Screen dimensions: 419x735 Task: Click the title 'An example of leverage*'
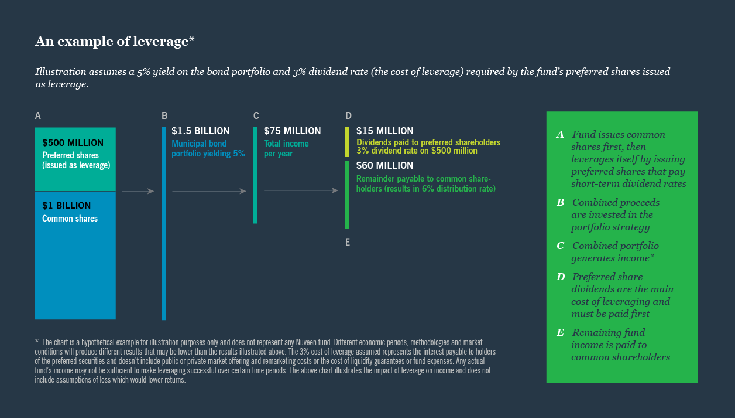coord(115,41)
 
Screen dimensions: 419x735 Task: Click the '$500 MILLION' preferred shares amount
coord(73,143)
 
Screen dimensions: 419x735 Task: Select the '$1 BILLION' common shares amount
coord(66,206)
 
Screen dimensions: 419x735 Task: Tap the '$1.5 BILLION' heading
coord(200,131)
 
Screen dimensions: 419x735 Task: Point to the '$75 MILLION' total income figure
coord(292,131)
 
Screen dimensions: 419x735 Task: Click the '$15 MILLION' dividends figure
coord(384,131)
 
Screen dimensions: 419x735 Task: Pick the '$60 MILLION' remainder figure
coord(384,166)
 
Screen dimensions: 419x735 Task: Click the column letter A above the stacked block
coord(38,116)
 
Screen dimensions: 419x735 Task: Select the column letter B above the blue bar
coord(165,116)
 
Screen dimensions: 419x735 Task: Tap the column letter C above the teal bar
coord(256,116)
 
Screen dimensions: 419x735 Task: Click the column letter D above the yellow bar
coord(348,116)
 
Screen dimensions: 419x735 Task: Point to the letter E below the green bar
coord(348,241)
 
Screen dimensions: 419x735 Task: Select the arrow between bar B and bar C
coord(209,191)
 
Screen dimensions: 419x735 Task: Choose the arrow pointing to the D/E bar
coord(301,190)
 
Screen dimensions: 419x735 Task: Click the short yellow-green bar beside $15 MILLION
coord(347,142)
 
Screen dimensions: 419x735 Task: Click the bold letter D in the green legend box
coord(560,277)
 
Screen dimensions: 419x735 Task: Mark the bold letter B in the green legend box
coord(560,203)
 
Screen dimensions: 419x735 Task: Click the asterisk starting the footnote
coord(37,341)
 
